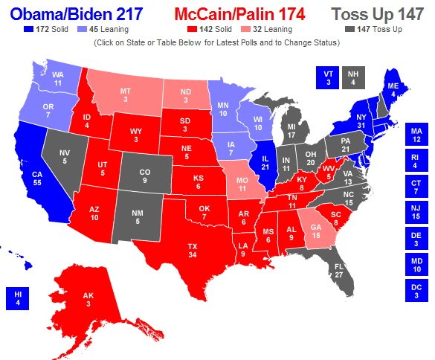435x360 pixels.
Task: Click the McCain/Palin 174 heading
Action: (242, 14)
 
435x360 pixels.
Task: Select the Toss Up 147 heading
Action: (380, 14)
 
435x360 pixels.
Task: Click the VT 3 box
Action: (326, 77)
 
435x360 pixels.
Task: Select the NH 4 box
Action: (354, 77)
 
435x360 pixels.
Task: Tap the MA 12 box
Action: (416, 135)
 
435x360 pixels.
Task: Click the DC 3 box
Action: (416, 290)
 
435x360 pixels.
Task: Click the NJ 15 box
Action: (416, 212)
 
